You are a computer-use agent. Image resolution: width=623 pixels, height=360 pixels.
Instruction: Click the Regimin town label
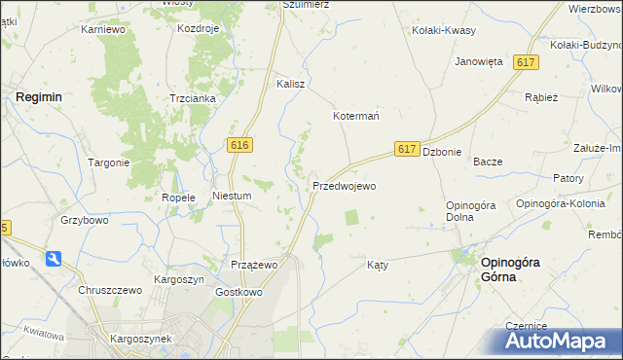click(x=38, y=97)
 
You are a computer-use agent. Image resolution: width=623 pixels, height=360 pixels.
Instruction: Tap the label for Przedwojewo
click(x=344, y=185)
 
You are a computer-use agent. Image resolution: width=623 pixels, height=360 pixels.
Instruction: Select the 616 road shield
click(x=241, y=144)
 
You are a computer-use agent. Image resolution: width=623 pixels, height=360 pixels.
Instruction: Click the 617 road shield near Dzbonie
click(x=408, y=149)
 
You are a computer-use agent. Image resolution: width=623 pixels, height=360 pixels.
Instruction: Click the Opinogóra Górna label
click(x=505, y=269)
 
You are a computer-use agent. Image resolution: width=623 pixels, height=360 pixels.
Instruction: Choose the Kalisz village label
click(x=291, y=84)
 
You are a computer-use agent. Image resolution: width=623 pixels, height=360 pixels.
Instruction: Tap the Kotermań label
click(x=356, y=116)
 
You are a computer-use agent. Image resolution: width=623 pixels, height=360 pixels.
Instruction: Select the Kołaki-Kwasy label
click(x=444, y=30)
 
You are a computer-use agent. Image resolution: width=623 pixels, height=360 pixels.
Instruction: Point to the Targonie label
click(x=108, y=162)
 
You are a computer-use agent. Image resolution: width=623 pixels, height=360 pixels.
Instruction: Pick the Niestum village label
click(x=233, y=196)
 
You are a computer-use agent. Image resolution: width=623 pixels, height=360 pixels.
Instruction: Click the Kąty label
click(x=378, y=265)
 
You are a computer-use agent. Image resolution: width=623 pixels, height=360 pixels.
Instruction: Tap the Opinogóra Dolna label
click(x=472, y=210)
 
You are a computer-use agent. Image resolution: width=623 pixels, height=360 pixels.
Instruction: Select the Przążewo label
click(x=255, y=265)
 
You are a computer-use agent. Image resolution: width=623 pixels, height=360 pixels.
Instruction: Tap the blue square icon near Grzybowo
click(x=54, y=259)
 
